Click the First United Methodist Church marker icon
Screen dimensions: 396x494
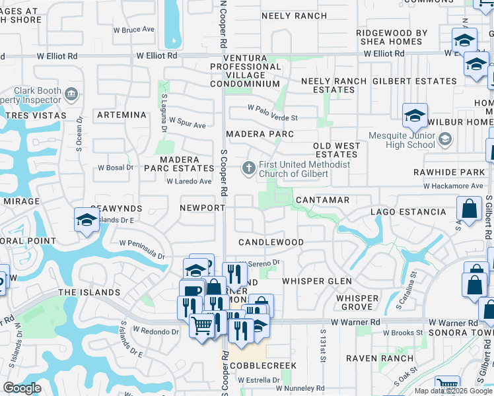click(x=249, y=168)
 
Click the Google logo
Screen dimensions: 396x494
click(x=22, y=388)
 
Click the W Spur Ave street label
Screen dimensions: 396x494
click(x=187, y=122)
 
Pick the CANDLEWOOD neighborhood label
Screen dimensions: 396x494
click(x=271, y=242)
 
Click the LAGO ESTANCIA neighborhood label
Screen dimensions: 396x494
click(x=407, y=212)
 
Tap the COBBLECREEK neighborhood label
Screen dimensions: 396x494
click(x=267, y=366)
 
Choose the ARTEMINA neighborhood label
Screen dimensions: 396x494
click(x=121, y=115)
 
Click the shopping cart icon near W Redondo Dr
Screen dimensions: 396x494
click(x=201, y=325)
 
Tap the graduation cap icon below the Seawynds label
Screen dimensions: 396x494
click(x=87, y=220)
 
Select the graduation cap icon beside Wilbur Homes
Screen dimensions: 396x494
click(x=415, y=116)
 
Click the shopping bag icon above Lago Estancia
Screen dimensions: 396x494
click(x=468, y=211)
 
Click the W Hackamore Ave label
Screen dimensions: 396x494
click(x=453, y=186)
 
